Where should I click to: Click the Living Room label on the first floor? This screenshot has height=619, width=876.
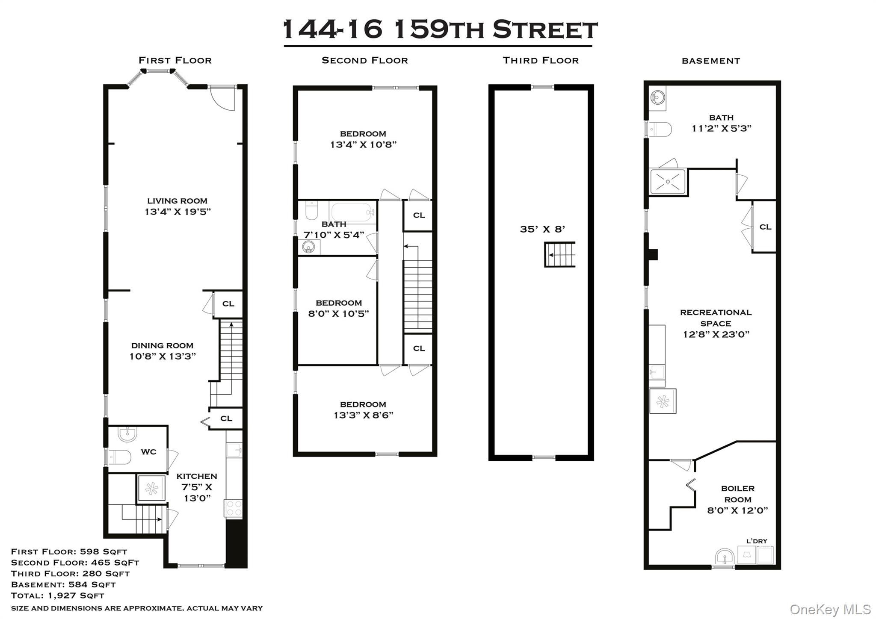pyautogui.click(x=177, y=201)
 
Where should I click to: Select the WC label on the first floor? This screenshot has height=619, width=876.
pyautogui.click(x=148, y=452)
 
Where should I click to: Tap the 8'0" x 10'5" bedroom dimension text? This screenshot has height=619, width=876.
pyautogui.click(x=338, y=314)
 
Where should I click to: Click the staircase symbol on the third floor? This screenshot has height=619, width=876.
pyautogui.click(x=559, y=255)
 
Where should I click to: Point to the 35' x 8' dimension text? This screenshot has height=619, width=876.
pyautogui.click(x=542, y=229)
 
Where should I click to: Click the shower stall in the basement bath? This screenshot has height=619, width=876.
pyautogui.click(x=667, y=182)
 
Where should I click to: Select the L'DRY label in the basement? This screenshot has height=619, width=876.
pyautogui.click(x=757, y=541)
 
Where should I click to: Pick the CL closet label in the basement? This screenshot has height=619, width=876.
pyautogui.click(x=765, y=227)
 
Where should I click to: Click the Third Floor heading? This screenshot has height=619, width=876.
pyautogui.click(x=541, y=61)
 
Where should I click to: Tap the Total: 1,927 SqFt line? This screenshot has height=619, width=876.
pyautogui.click(x=57, y=595)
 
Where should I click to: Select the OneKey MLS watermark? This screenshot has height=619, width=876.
pyautogui.click(x=830, y=610)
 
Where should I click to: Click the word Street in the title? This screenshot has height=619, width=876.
pyautogui.click(x=545, y=30)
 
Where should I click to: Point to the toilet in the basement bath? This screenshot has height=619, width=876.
pyautogui.click(x=660, y=129)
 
